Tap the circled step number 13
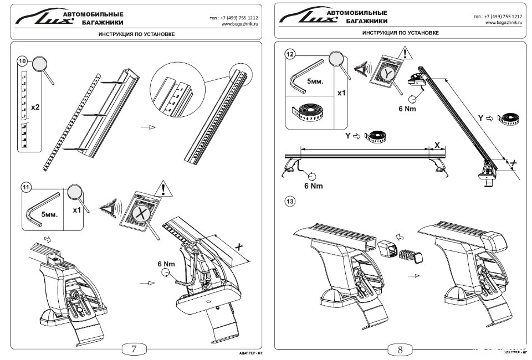point(290,202)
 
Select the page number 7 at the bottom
point(135,348)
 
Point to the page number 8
point(400,349)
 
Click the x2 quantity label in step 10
point(35,107)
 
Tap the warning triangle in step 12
point(407,54)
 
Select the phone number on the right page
point(498,17)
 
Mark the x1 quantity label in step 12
point(342,92)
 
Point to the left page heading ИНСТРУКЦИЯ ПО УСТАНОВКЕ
point(136,34)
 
